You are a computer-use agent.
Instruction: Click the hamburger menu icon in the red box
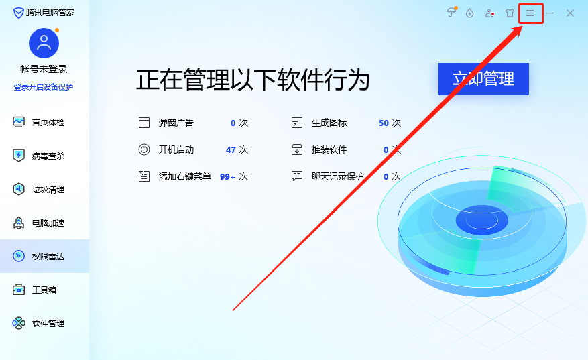pyautogui.click(x=530, y=13)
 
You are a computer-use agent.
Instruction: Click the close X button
pyautogui.click(x=570, y=13)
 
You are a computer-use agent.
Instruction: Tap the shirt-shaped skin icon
pyautogui.click(x=510, y=13)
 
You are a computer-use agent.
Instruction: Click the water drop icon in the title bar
pyautogui.click(x=470, y=13)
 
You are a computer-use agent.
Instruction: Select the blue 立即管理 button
pyautogui.click(x=483, y=79)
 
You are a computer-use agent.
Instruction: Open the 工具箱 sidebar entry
pyautogui.click(x=44, y=290)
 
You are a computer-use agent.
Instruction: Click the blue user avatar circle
pyautogui.click(x=44, y=44)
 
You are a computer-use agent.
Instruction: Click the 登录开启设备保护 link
pyautogui.click(x=44, y=87)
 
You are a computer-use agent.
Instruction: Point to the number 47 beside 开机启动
pyautogui.click(x=231, y=149)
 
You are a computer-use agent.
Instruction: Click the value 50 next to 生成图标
pyautogui.click(x=384, y=123)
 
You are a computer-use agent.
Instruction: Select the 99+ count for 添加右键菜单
pyautogui.click(x=227, y=176)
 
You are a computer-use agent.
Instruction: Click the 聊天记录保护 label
pyautogui.click(x=337, y=176)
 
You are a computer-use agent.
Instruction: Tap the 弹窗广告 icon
pyautogui.click(x=143, y=123)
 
